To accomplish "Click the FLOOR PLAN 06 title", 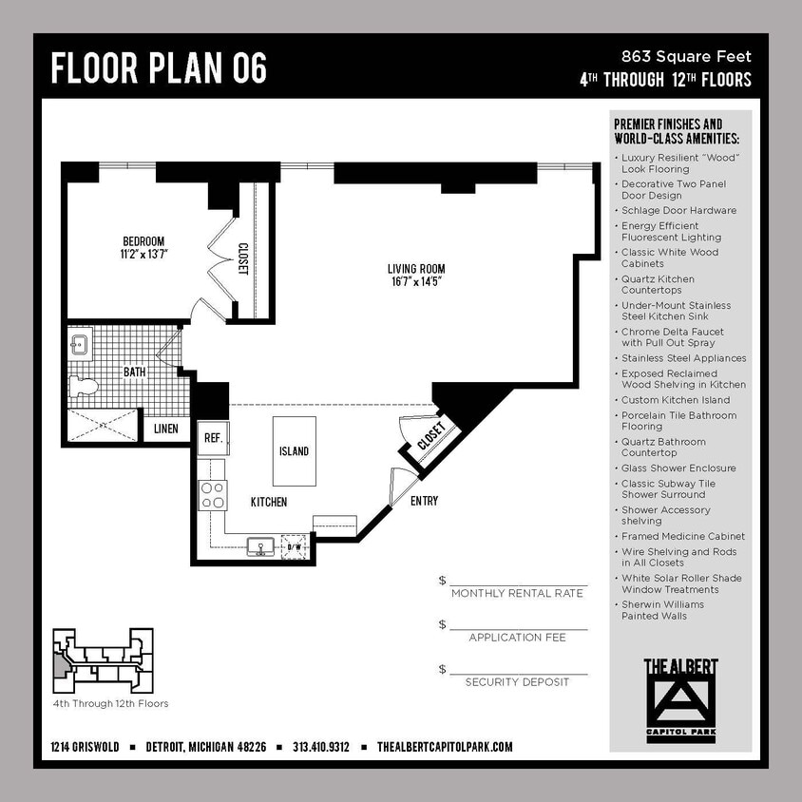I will coord(159,68).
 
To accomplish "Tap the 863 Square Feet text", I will coord(686,57).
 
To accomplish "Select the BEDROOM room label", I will coord(143,240).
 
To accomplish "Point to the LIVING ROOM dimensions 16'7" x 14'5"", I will coord(416,282).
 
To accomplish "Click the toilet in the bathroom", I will coord(83,386).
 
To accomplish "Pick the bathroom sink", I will coord(80,343).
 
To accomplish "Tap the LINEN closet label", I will coord(165,429).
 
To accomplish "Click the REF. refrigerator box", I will coord(212,438).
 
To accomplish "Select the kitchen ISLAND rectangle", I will coord(295,450).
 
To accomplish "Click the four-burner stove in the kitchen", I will coord(213,495).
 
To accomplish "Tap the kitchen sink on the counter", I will coord(259,546).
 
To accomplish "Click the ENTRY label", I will coord(424,501).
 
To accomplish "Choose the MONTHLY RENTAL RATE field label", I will coord(517,593).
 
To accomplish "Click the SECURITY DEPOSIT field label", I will coord(517,682).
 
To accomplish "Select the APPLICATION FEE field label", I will coord(517,638).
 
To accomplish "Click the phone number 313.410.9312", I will coord(321,747).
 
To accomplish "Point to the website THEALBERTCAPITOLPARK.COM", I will coord(445,747).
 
